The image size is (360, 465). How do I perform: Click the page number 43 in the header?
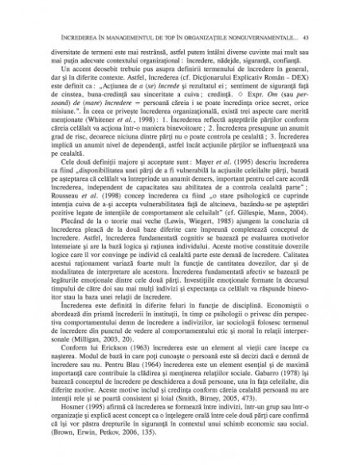[x=315, y=37]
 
